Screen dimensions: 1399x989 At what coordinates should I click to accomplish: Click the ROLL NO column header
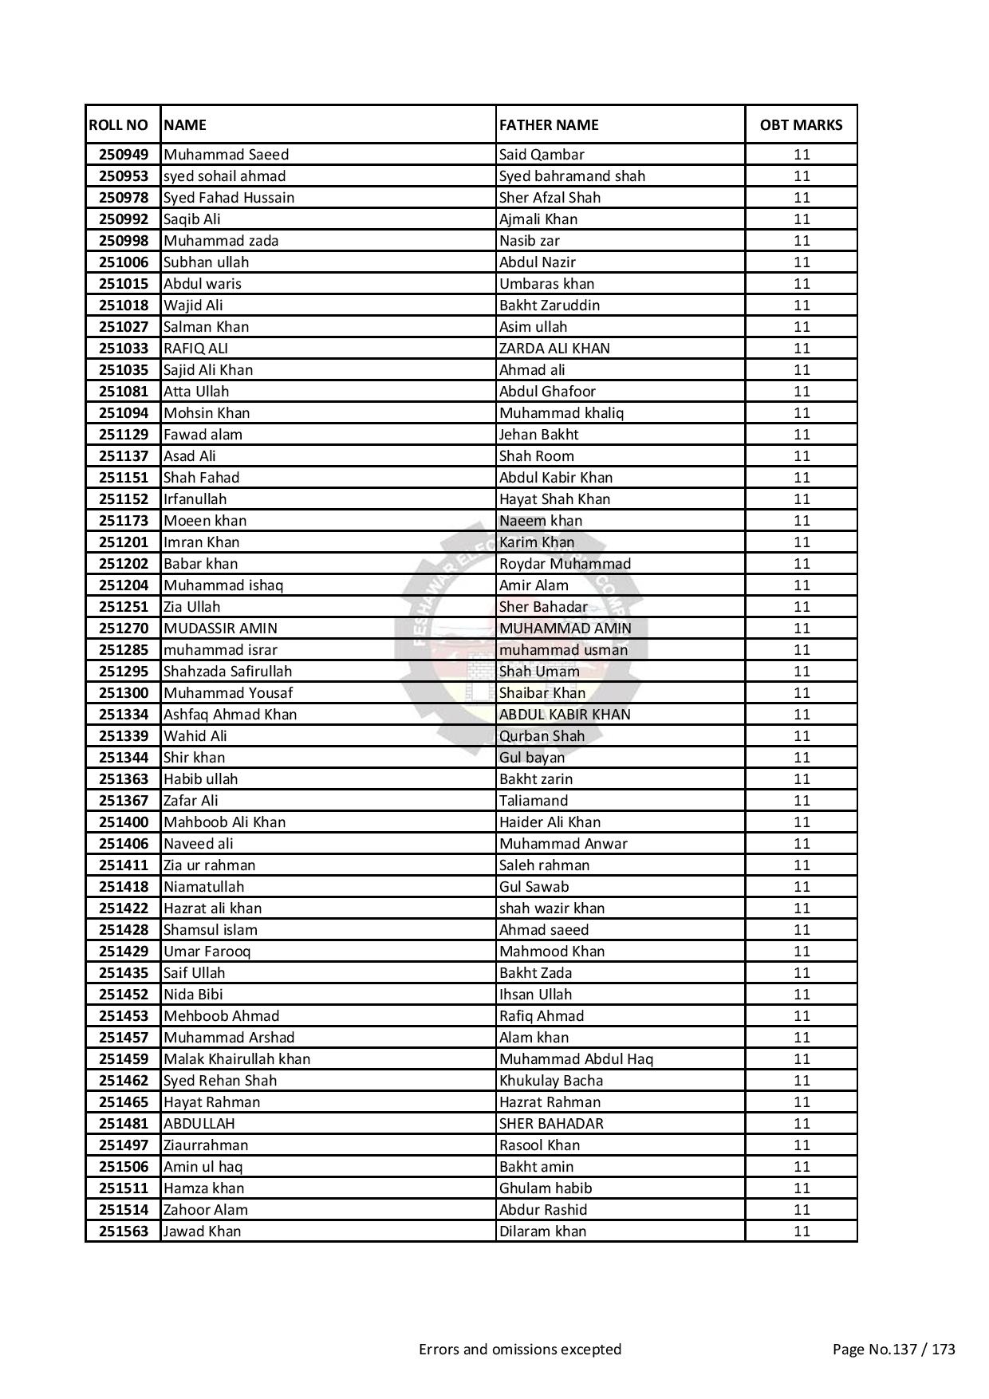click(118, 124)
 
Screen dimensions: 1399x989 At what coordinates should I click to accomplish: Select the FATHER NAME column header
click(548, 124)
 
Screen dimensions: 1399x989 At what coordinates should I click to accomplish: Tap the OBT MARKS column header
click(801, 124)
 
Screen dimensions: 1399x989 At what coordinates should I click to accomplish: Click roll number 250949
click(123, 155)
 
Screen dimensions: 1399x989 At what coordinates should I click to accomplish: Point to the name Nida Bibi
click(193, 995)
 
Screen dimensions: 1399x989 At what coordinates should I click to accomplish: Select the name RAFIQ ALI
click(195, 349)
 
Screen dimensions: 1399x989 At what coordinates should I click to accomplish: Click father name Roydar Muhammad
click(565, 564)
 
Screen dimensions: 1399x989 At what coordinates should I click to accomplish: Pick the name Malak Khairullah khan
click(236, 1059)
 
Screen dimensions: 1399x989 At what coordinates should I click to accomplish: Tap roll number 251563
click(123, 1232)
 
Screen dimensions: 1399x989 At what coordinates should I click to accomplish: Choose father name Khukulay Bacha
click(550, 1081)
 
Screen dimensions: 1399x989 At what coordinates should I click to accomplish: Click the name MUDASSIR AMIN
click(220, 629)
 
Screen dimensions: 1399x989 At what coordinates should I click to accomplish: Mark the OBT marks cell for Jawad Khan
click(802, 1232)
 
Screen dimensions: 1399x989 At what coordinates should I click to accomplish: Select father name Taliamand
click(533, 801)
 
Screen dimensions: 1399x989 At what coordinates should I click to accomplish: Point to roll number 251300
click(123, 693)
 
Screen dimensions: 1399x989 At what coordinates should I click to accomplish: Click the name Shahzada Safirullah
click(227, 672)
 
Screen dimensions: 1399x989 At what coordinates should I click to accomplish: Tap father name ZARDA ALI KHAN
click(554, 349)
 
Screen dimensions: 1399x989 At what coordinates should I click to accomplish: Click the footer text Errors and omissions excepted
click(519, 1350)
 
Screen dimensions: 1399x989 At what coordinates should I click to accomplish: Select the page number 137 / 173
click(893, 1350)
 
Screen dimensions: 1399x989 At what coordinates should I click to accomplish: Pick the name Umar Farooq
click(207, 952)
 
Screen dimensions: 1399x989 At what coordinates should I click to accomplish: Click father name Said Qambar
click(542, 155)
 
